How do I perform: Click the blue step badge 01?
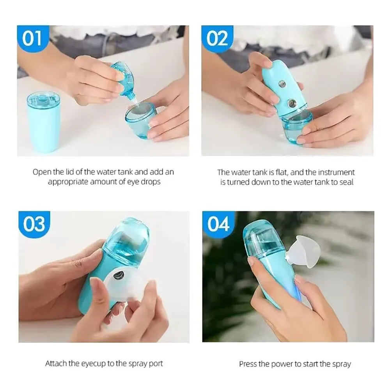tap(33, 39)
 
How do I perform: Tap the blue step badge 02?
tap(217, 39)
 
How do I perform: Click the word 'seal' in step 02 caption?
tap(346, 182)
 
